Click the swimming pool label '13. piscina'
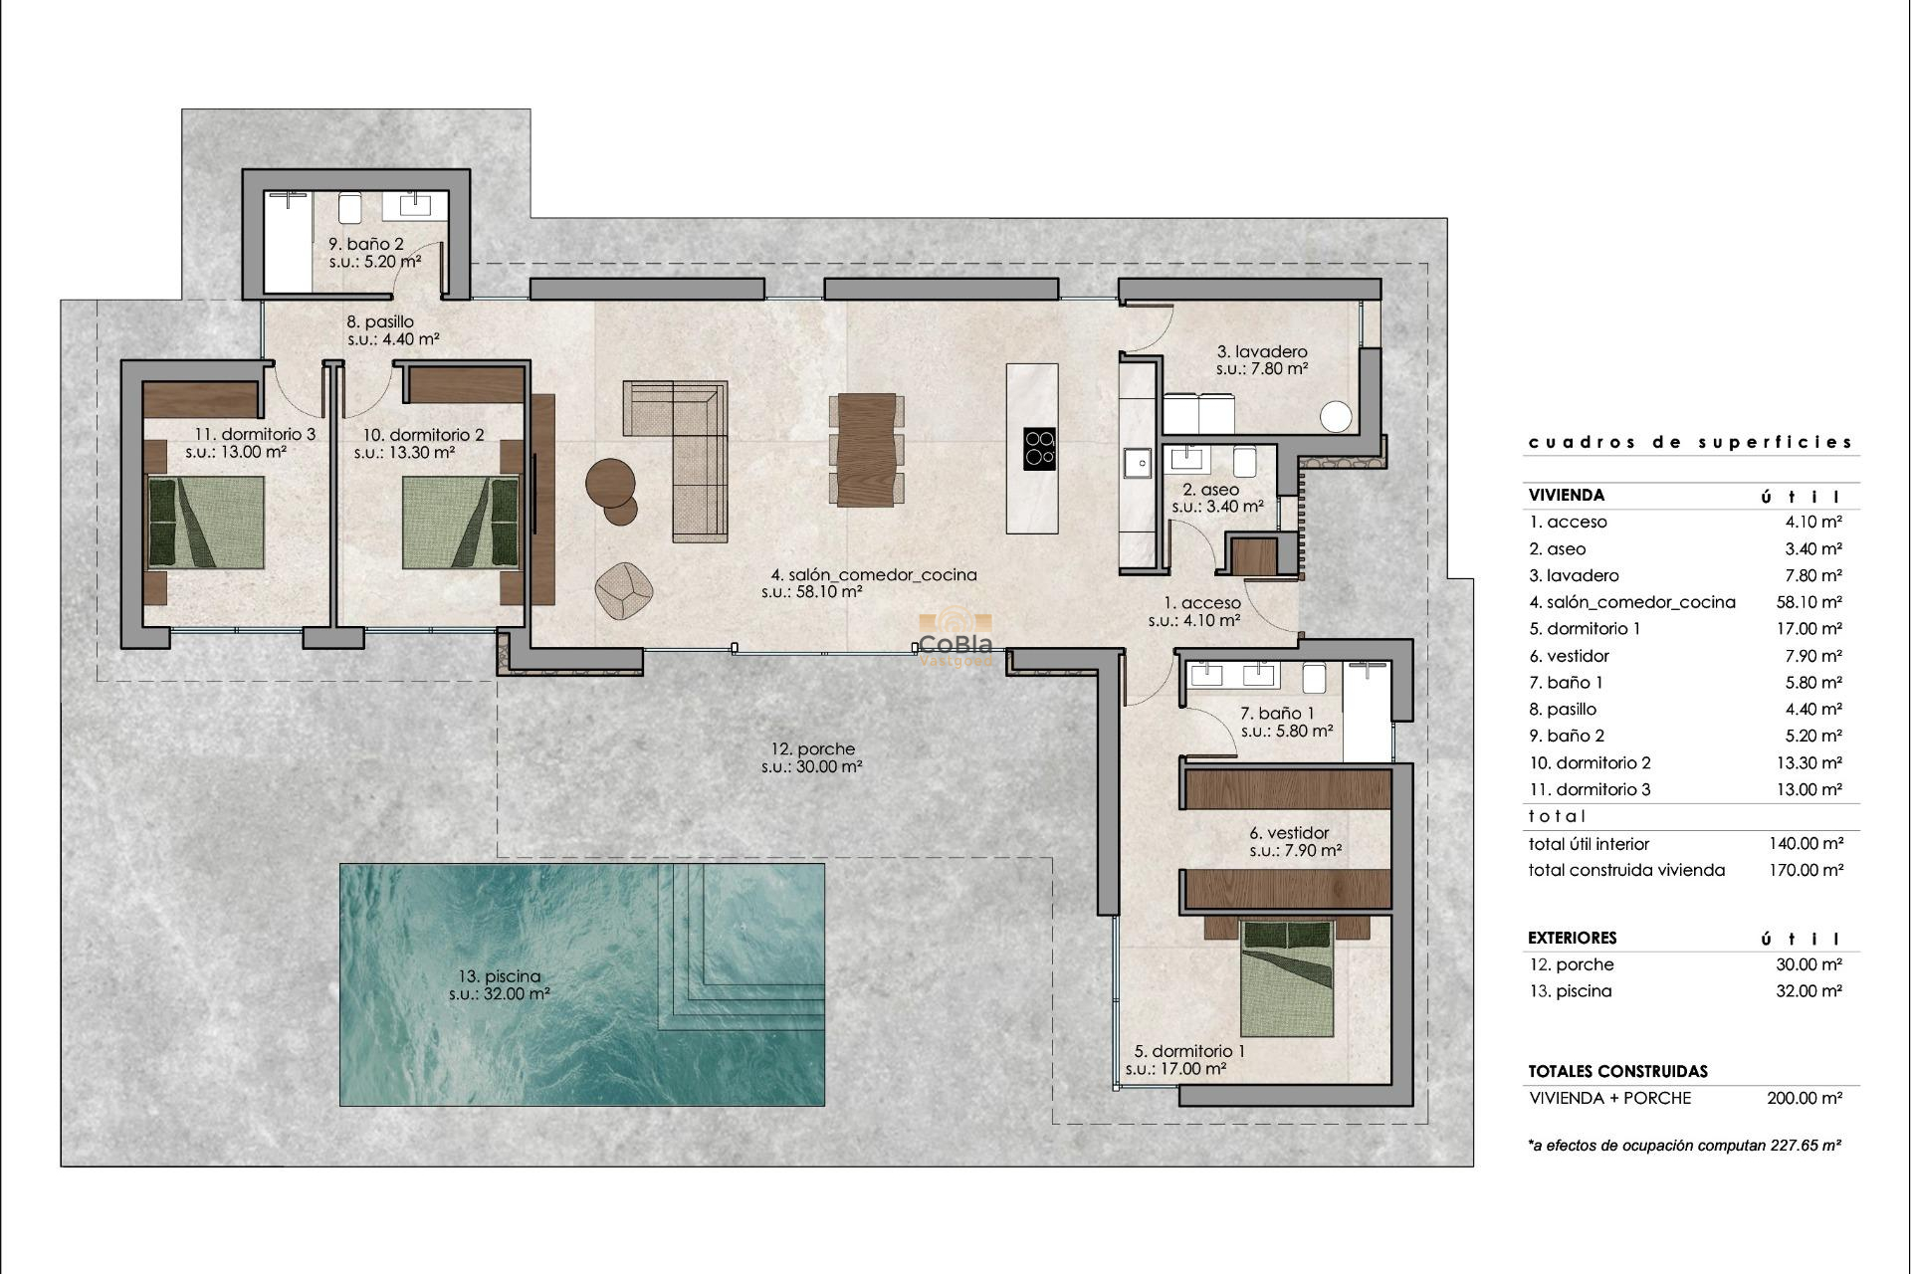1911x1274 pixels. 499,976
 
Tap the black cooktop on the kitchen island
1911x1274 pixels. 1039,449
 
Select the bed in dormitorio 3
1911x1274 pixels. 206,523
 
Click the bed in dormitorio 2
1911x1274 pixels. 461,523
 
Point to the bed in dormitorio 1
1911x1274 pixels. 1286,978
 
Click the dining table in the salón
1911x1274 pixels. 866,450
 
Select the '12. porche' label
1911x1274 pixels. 812,749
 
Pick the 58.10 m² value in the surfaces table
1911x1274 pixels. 1808,602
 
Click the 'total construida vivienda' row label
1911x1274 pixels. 1626,870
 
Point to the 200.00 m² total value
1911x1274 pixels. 1805,1098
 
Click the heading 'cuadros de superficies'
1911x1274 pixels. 1690,442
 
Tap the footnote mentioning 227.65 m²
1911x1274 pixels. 1684,1146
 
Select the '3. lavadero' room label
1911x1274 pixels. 1261,351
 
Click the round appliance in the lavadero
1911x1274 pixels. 1336,417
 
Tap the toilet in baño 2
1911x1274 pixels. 349,208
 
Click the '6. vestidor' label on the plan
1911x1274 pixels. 1289,833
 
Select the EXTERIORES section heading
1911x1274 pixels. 1572,938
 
